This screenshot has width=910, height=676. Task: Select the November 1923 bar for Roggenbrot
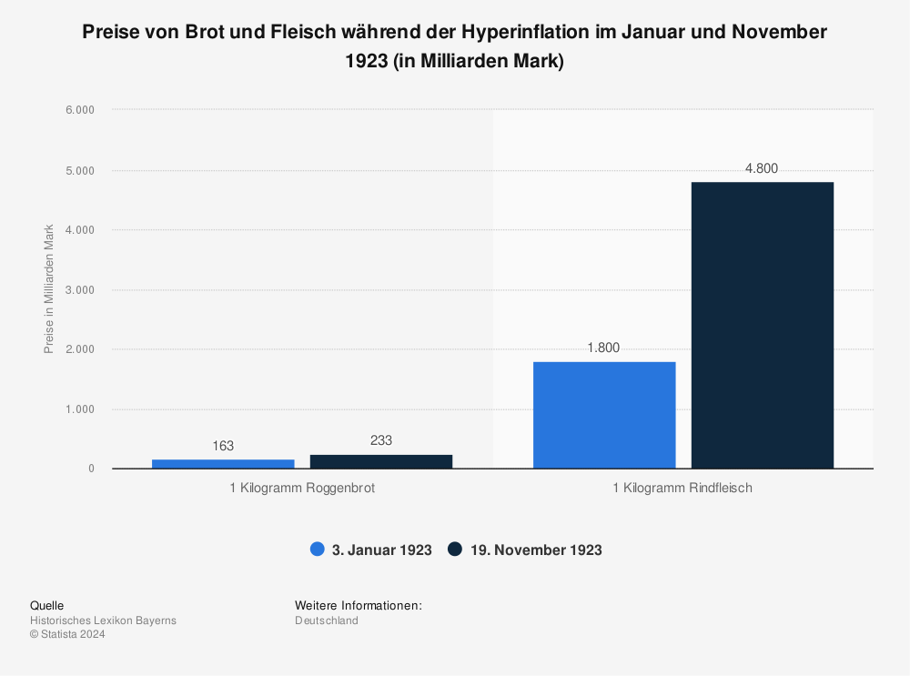[x=381, y=461]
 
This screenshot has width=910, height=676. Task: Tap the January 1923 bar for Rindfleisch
[x=604, y=415]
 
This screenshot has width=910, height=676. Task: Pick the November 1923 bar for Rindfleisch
[x=763, y=325]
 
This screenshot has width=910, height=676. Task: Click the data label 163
[x=223, y=446]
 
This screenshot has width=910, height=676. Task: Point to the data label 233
[x=381, y=440]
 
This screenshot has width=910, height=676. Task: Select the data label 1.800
[x=604, y=348]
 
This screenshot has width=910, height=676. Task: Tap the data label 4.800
[x=762, y=168]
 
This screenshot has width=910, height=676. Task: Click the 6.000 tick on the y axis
[x=79, y=110]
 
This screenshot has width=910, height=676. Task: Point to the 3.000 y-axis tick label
[x=79, y=289]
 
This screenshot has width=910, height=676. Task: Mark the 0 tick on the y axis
[x=90, y=469]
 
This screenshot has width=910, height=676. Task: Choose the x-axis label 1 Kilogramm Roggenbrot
[x=302, y=489]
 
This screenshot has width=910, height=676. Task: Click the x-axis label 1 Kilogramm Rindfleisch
[x=682, y=489]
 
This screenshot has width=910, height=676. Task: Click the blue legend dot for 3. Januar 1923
[x=318, y=550]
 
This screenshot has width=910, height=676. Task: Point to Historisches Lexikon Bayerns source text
[x=103, y=621]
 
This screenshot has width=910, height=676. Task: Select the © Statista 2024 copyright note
[x=67, y=635]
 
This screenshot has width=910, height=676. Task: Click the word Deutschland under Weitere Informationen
[x=326, y=621]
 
